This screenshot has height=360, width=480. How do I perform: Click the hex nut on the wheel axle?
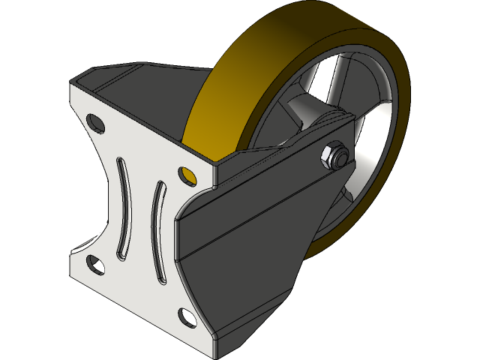click(333, 156)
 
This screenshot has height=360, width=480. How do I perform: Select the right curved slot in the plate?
click(158, 232)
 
